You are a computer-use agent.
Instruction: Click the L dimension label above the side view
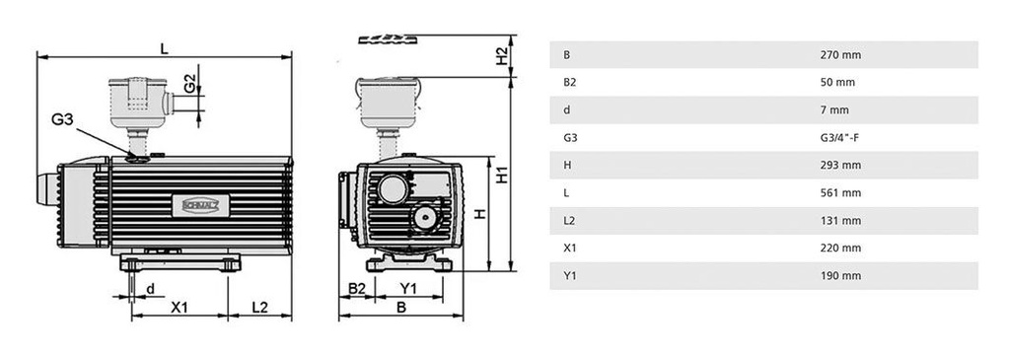(164, 46)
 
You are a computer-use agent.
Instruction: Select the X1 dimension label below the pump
(179, 307)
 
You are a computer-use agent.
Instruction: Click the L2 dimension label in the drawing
(258, 307)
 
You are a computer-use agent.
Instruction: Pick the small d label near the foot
(150, 288)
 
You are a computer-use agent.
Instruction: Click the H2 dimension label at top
(501, 57)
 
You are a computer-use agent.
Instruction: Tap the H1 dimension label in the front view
(502, 176)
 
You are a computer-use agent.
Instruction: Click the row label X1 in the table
(568, 248)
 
